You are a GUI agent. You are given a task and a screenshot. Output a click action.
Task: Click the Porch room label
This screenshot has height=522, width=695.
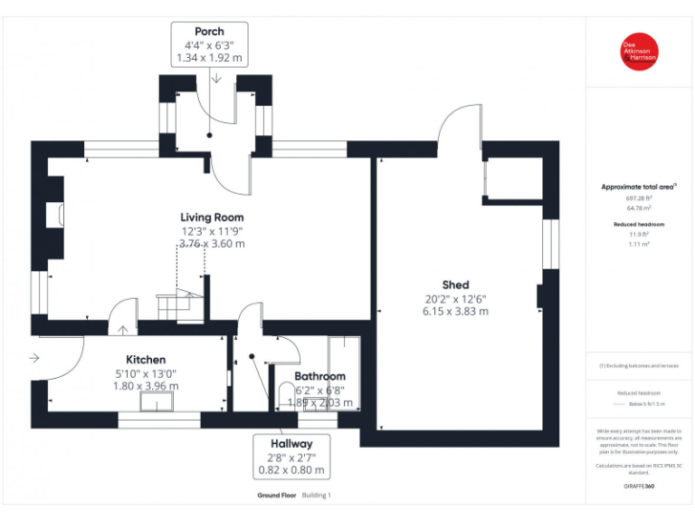tap(209, 31)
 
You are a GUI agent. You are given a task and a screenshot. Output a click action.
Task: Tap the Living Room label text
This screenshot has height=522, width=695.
tap(212, 217)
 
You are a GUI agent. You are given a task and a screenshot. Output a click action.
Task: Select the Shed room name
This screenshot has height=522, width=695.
tap(455, 285)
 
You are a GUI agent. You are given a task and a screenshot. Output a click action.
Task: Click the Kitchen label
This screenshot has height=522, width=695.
tap(145, 360)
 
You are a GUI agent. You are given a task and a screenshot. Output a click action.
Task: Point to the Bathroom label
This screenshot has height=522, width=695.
tap(319, 376)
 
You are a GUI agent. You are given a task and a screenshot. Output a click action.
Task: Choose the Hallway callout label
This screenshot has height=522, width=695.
tap(290, 444)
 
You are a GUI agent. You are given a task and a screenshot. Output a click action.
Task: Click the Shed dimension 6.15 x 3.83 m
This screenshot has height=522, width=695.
tap(455, 311)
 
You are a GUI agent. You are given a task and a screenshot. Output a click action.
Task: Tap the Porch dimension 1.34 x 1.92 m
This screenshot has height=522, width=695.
tap(209, 58)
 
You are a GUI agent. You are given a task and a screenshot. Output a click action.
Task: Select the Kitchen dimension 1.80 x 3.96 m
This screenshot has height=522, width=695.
tap(145, 385)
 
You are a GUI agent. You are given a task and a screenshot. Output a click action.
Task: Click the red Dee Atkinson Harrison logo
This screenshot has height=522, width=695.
tap(639, 51)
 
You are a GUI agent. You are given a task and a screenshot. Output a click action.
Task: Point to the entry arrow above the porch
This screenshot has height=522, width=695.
tap(217, 79)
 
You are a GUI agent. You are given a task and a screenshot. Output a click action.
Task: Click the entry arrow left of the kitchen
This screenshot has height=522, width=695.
tap(34, 358)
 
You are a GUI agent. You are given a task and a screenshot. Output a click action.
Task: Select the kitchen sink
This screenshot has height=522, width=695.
tap(156, 402)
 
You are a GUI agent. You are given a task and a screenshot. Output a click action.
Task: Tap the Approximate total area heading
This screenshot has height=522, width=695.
tap(639, 187)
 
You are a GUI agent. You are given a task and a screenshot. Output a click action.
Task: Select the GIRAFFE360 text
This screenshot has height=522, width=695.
tap(639, 487)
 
